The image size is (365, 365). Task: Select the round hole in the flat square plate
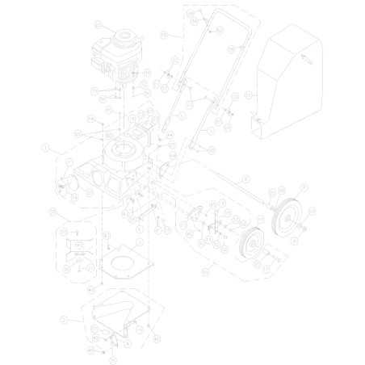point(123,261)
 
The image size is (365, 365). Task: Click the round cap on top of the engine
point(125,36)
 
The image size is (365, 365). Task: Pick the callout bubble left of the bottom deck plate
point(64,320)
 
